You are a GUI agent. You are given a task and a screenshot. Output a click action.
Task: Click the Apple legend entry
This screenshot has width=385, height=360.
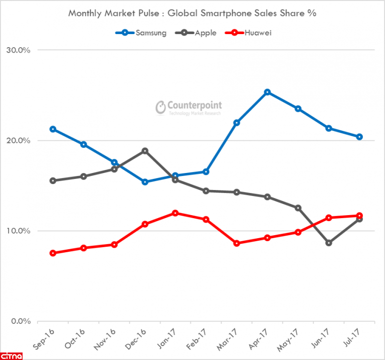click(x=199, y=33)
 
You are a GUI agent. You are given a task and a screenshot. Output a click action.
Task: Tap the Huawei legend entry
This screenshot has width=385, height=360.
click(x=253, y=33)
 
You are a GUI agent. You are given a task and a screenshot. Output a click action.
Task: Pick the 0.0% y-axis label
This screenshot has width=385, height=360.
click(x=21, y=321)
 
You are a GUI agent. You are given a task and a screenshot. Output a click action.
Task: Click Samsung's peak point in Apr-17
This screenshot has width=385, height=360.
click(x=267, y=92)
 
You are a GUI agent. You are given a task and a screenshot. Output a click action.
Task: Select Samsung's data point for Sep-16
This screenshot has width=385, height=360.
click(x=53, y=129)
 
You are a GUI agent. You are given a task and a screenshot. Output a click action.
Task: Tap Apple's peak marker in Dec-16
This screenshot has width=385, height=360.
click(x=145, y=151)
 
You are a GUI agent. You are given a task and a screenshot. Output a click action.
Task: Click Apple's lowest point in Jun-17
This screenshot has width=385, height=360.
click(x=329, y=243)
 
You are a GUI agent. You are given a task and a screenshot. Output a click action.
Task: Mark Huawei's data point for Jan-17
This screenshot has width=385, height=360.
click(x=175, y=213)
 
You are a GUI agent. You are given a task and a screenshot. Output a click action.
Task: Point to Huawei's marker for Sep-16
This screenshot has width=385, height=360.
click(x=53, y=253)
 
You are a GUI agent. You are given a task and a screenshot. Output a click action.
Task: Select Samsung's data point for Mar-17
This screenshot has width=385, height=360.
click(x=237, y=123)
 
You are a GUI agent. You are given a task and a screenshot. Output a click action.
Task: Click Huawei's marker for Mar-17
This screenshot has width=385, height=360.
click(x=237, y=244)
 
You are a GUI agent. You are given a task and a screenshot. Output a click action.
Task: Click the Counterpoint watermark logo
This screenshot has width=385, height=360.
click(x=188, y=107)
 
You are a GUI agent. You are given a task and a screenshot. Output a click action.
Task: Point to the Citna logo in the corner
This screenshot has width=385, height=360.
click(x=14, y=355)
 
